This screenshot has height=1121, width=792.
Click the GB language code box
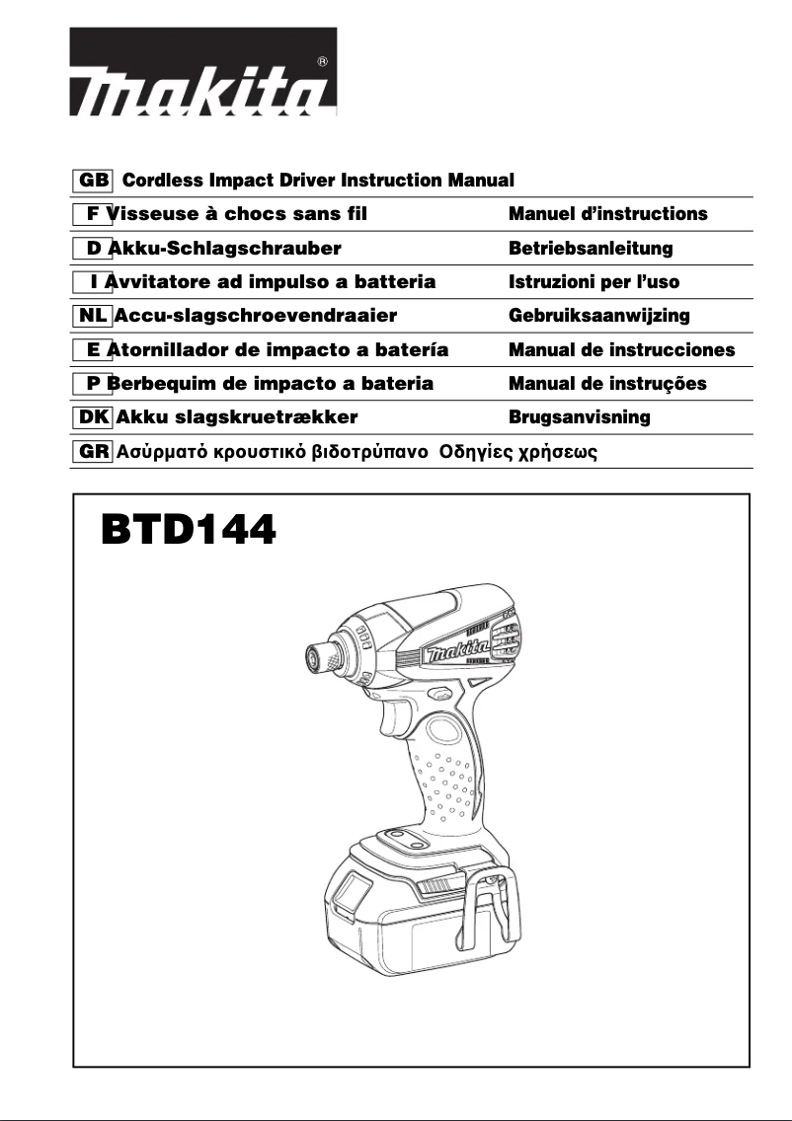[93, 181]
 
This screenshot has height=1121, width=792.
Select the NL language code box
[93, 316]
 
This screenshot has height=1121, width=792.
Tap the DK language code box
[93, 416]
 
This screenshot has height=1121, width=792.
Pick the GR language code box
[93, 451]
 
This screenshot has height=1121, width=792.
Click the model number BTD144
[188, 532]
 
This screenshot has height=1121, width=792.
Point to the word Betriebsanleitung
[590, 249]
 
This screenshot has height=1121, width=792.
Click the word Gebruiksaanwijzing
[598, 316]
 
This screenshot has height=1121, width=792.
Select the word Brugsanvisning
[579, 416]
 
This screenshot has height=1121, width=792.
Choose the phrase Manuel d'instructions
[607, 214]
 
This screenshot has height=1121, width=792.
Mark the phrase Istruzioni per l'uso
[594, 282]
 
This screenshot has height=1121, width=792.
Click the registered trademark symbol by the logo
[324, 62]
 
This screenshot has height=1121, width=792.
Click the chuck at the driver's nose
[322, 656]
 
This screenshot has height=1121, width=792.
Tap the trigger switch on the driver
[387, 718]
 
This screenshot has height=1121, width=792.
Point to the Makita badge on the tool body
[456, 650]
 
